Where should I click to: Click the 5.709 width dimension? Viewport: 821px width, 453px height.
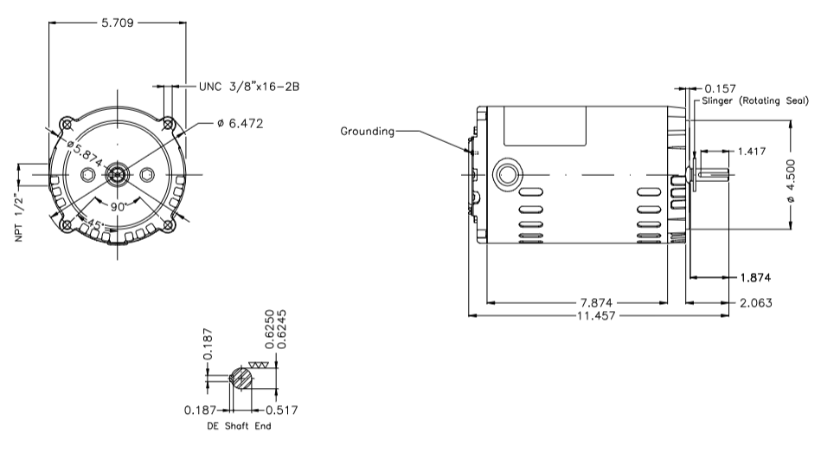[119, 23]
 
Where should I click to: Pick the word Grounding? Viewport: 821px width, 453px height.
[367, 132]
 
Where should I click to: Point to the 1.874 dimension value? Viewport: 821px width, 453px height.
[754, 278]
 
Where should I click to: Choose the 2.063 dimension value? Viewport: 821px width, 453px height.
[754, 303]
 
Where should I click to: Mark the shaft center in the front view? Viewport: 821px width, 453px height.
[117, 175]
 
